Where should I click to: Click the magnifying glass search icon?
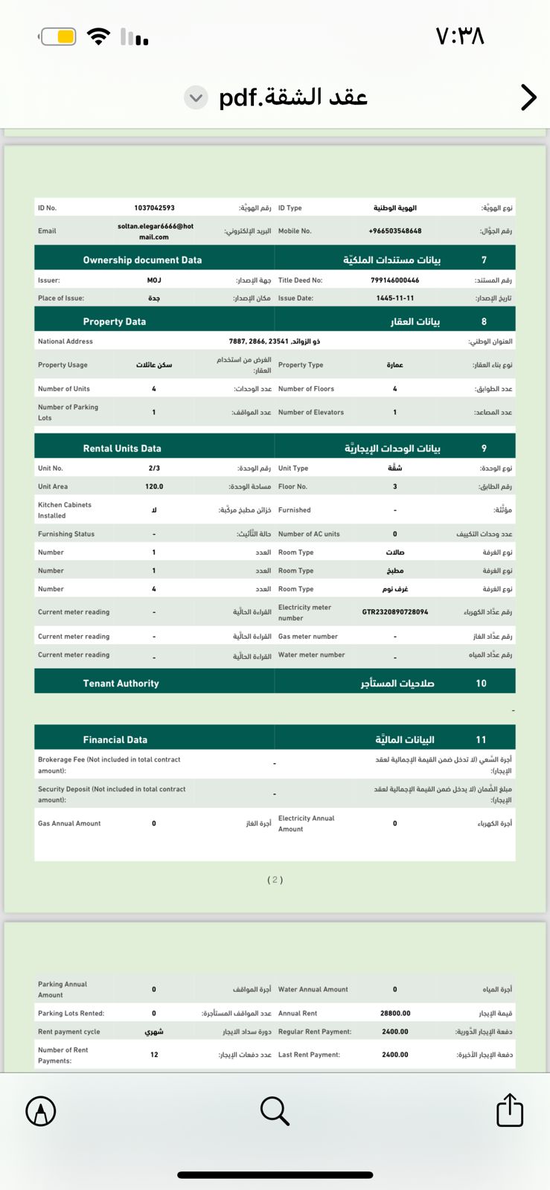click(275, 1110)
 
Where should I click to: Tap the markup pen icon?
click(41, 1111)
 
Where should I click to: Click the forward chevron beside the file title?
click(528, 97)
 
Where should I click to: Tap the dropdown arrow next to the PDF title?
click(196, 97)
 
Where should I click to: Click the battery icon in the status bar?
click(58, 36)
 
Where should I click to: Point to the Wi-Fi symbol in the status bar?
click(98, 36)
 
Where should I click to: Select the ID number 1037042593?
click(154, 208)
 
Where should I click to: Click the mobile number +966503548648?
click(394, 231)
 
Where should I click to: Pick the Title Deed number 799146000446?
click(394, 280)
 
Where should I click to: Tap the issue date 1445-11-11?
click(394, 298)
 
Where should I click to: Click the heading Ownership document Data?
click(142, 260)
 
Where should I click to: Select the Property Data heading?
click(114, 322)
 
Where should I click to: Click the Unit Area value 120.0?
click(154, 486)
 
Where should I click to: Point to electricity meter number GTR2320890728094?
click(394, 612)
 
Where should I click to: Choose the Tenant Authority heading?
click(121, 684)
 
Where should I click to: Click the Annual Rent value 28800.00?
click(394, 1013)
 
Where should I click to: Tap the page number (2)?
click(275, 880)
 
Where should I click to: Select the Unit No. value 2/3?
click(154, 469)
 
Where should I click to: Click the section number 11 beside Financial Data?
click(481, 740)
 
